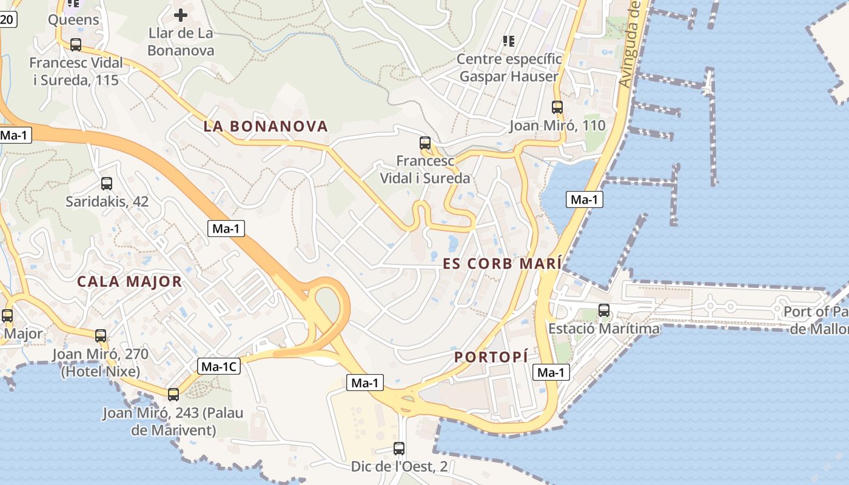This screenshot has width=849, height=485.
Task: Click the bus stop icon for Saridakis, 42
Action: pyautogui.click(x=107, y=183)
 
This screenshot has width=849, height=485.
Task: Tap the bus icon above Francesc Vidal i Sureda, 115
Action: pyautogui.click(x=76, y=44)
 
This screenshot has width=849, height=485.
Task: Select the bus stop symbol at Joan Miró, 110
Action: pyautogui.click(x=557, y=107)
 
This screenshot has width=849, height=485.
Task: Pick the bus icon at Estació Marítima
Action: pyautogui.click(x=604, y=310)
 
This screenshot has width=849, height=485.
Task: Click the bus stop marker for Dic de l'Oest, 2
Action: pyautogui.click(x=399, y=449)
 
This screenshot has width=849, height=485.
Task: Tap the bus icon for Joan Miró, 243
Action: pyautogui.click(x=173, y=395)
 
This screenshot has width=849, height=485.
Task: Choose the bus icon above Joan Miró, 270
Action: pyautogui.click(x=101, y=335)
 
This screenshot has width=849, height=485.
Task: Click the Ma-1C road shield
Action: pyautogui.click(x=220, y=366)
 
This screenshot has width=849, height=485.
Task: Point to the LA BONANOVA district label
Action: pyautogui.click(x=266, y=127)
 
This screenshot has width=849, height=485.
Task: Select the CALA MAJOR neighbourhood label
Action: pyautogui.click(x=130, y=281)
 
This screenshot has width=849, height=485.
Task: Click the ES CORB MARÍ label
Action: pyautogui.click(x=502, y=264)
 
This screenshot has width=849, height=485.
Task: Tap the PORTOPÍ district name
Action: pyautogui.click(x=491, y=357)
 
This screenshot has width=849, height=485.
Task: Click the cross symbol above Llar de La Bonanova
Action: pyautogui.click(x=181, y=15)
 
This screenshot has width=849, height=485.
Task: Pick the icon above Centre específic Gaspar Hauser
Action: pyautogui.click(x=509, y=41)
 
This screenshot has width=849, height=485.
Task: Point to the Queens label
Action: pyautogui.click(x=73, y=20)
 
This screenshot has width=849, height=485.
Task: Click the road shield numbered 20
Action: pyautogui.click(x=7, y=19)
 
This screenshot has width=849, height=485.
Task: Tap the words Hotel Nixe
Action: pyautogui.click(x=101, y=371)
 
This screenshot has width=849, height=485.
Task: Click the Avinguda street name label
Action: pyautogui.click(x=633, y=45)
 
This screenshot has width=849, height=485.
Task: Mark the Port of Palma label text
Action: pyautogui.click(x=816, y=320)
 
